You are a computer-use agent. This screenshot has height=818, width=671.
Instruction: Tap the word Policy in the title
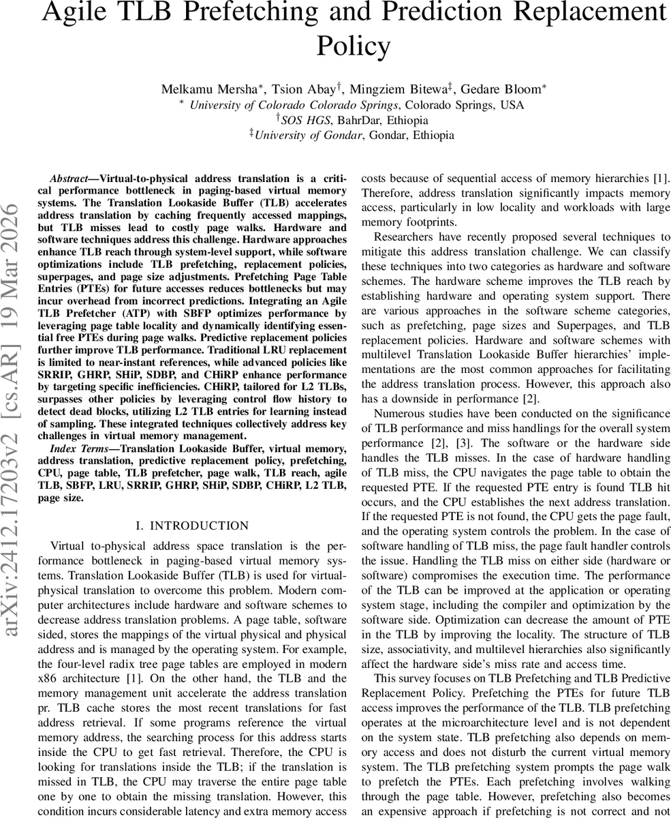(354, 46)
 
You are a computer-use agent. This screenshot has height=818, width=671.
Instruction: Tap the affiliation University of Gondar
(307, 135)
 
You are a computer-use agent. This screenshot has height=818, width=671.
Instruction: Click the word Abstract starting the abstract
(70, 179)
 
